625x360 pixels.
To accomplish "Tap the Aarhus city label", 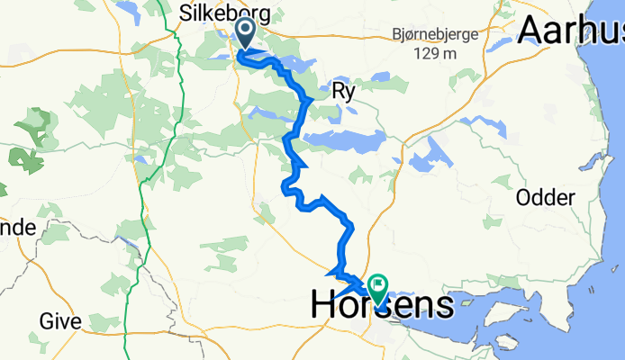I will (571, 31).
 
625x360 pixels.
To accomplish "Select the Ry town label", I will (343, 91).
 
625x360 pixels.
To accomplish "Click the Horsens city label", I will (382, 305).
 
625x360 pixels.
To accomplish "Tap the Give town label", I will (60, 321).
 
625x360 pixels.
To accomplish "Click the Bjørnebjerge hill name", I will (436, 33).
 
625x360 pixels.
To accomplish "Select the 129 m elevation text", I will (436, 54).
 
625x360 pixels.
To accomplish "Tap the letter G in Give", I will (46, 321).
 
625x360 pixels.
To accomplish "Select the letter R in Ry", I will (338, 91).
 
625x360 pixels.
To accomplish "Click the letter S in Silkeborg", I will (186, 13).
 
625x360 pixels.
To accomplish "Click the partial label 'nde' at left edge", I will (17, 228).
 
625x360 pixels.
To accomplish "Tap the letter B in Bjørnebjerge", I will (397, 33).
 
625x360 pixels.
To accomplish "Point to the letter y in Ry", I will (350, 93).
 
